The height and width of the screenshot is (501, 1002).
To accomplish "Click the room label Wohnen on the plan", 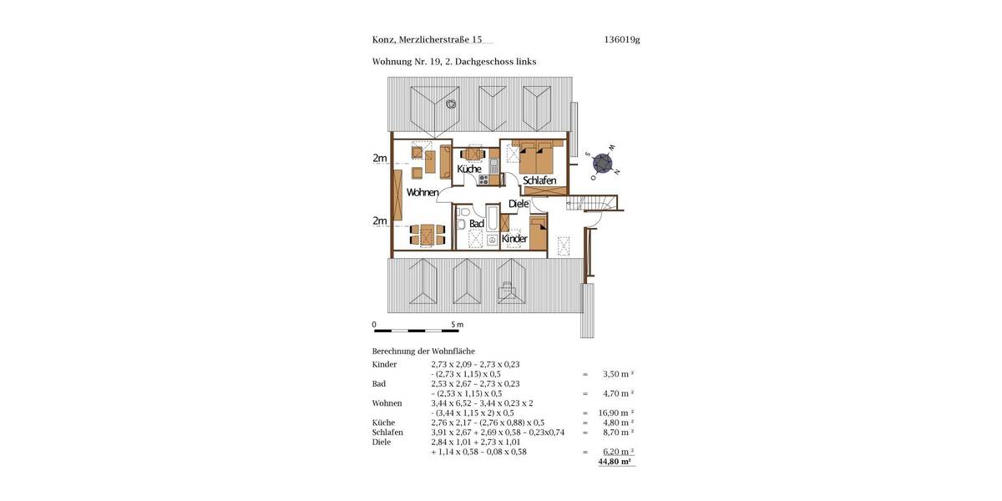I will (423, 193).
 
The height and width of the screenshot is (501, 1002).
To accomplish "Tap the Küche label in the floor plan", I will (469, 170).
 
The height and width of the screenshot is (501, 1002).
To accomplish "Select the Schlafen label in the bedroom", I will (539, 180).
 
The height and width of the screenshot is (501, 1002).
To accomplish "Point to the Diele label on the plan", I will (519, 204).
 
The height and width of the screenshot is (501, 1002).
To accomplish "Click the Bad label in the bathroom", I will (476, 224).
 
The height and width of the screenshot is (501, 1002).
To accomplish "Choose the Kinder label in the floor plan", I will (514, 239).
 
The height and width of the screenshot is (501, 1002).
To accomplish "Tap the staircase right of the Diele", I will (596, 203).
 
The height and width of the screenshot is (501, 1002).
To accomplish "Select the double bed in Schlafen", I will (537, 155).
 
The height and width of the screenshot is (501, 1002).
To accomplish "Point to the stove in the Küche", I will (483, 179).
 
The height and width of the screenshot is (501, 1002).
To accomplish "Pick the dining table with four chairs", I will (426, 235).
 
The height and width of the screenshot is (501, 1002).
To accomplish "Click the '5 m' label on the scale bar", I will (457, 325).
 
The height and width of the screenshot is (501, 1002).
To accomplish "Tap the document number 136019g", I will (621, 39).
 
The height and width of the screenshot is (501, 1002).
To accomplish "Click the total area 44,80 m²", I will (616, 461).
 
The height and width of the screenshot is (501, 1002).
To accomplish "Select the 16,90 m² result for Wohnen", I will (616, 412).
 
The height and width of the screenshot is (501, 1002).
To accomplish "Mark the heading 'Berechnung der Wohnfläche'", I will (423, 352).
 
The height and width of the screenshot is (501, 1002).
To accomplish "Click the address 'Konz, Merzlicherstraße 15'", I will (427, 39).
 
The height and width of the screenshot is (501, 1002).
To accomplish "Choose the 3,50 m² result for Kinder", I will (618, 374).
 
